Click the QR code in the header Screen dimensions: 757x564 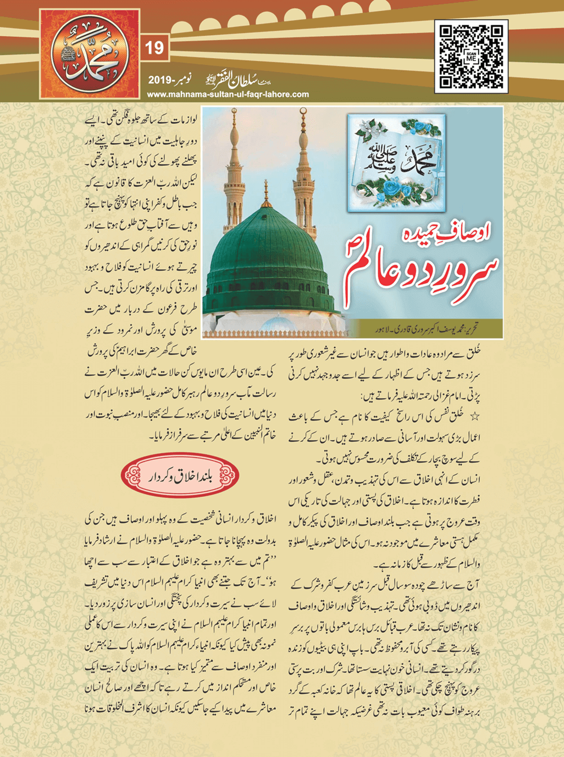(x=471, y=56)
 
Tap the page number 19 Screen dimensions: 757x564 (x=154, y=48)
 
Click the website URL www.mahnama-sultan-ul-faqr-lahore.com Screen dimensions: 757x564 (x=228, y=95)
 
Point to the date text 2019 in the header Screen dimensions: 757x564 (x=160, y=81)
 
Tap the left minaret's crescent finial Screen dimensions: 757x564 (x=234, y=112)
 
